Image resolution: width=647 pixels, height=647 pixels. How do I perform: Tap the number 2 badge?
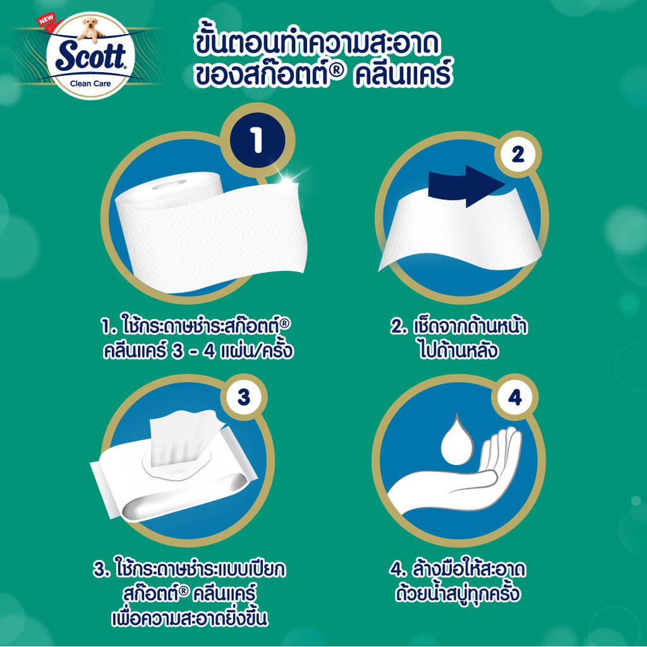(518, 154)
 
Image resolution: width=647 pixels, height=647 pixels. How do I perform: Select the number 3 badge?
(244, 397)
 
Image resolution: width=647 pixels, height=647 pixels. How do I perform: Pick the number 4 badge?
(515, 397)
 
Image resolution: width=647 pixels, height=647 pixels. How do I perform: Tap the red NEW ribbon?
(46, 20)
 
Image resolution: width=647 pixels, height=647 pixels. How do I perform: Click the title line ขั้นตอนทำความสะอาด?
(316, 45)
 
